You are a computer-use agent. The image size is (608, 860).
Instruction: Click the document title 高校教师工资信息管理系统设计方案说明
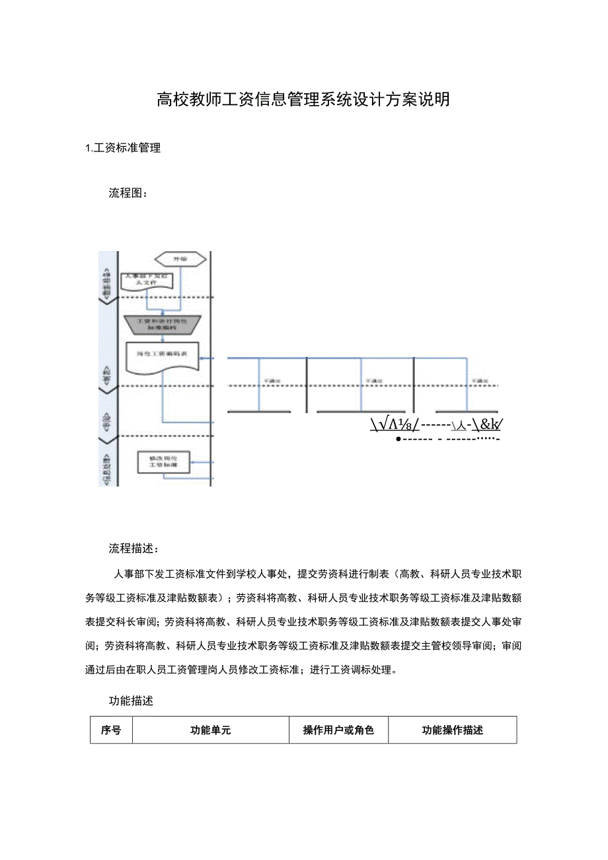coord(303,100)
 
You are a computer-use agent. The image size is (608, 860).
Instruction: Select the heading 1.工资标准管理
coord(124,148)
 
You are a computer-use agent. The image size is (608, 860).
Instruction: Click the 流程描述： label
coord(133,549)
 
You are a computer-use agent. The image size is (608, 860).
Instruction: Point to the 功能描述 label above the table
coord(131,701)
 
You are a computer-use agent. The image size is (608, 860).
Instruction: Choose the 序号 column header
coord(111,730)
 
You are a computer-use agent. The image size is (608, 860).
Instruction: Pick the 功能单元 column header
coord(210,730)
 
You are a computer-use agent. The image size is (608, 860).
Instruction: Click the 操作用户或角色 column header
coord(338,730)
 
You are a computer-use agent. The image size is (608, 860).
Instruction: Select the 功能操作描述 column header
coord(452,730)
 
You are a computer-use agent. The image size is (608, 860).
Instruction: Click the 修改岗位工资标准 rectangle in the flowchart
coord(163,462)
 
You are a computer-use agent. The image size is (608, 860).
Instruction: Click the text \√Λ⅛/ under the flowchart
coord(394,425)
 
